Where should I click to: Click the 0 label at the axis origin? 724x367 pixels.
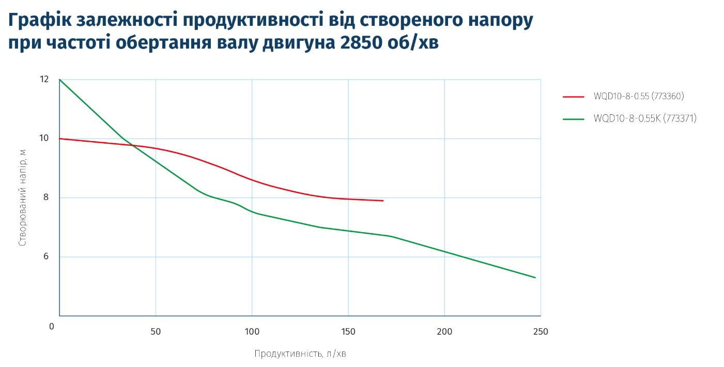pos(51,327)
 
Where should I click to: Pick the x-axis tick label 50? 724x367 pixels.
pos(156,332)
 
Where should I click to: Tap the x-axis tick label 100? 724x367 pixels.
pos(252,332)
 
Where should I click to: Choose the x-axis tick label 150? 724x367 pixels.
pos(348,332)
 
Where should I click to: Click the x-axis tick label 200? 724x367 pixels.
pos(444,332)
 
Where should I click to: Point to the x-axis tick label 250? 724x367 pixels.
pos(541,332)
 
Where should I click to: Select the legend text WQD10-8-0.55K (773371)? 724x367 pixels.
pos(645,119)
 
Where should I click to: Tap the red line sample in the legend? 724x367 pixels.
pos(573,97)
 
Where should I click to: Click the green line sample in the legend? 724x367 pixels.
pos(573,119)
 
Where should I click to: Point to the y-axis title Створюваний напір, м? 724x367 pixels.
pos(22,198)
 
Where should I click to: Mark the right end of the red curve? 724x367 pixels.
pos(383,201)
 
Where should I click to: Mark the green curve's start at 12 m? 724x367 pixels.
pos(60,80)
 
